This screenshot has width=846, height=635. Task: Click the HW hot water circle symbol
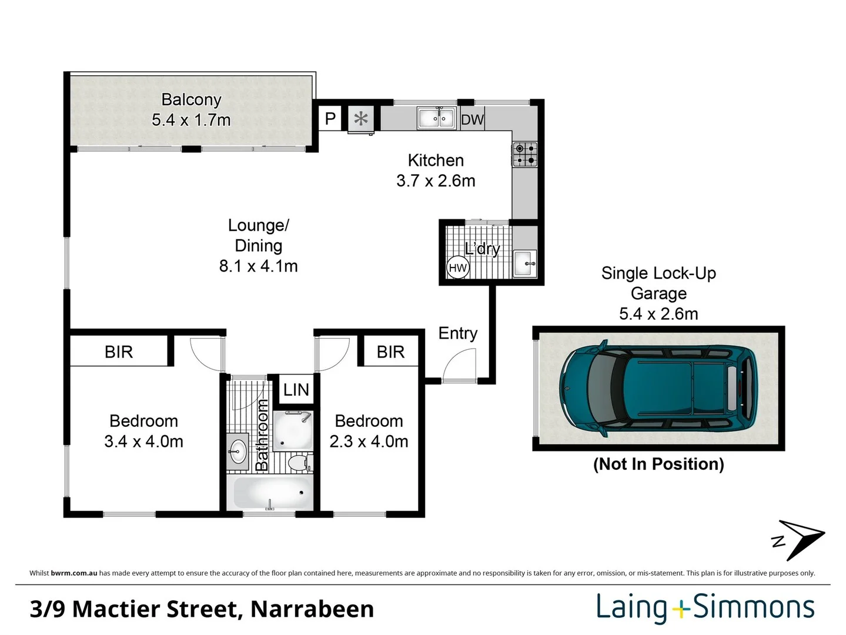pyautogui.click(x=457, y=268)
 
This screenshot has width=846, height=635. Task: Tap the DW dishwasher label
pyautogui.click(x=472, y=120)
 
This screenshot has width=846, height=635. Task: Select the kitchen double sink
pyautogui.click(x=436, y=118)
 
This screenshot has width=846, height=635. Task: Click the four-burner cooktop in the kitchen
pyautogui.click(x=524, y=154)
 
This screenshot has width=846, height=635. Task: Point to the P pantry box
pyautogui.click(x=330, y=119)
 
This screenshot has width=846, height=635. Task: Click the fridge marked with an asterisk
pyautogui.click(x=360, y=119)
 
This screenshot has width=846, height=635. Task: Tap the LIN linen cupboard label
pyautogui.click(x=296, y=390)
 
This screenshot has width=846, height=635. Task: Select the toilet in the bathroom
pyautogui.click(x=300, y=462)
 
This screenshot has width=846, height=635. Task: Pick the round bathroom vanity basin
pyautogui.click(x=238, y=452)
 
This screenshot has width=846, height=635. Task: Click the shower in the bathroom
pyautogui.click(x=292, y=431)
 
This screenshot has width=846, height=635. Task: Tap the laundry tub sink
pyautogui.click(x=524, y=263)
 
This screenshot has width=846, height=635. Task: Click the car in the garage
pyautogui.click(x=658, y=389)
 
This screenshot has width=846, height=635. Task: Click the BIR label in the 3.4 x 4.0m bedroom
pyautogui.click(x=119, y=352)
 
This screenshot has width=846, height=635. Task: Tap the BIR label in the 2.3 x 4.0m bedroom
pyautogui.click(x=390, y=352)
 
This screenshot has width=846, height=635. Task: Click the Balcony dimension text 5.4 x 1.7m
pyautogui.click(x=191, y=120)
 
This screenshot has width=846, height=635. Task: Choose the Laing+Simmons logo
pyautogui.click(x=705, y=608)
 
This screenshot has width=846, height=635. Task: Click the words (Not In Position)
pyautogui.click(x=658, y=464)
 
